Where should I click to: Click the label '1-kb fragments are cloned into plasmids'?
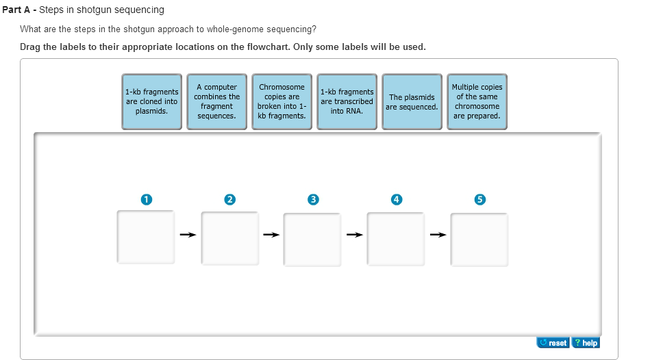click(151, 101)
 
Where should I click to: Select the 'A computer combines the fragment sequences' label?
click(216, 101)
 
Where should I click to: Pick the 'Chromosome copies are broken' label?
click(282, 101)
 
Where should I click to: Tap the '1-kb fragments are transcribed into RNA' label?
click(347, 101)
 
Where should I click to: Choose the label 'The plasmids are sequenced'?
click(412, 101)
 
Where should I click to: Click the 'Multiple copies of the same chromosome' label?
click(477, 101)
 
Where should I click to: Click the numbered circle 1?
click(146, 199)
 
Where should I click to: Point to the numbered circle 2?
click(229, 199)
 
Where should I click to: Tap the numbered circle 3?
click(313, 199)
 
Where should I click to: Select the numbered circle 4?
click(396, 199)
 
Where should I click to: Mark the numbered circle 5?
click(479, 199)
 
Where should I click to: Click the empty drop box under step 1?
click(146, 237)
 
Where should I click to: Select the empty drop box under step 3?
click(313, 239)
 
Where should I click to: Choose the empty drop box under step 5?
click(479, 239)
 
